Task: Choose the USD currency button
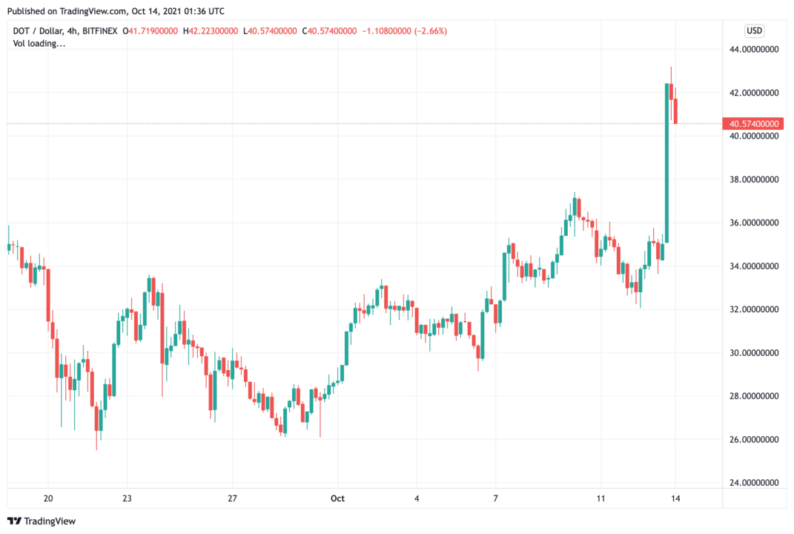click(x=754, y=31)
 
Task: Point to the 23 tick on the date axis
click(x=127, y=498)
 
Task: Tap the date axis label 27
click(x=232, y=498)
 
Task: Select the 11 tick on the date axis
click(x=601, y=498)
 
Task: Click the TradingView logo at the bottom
click(x=42, y=521)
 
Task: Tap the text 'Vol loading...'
click(x=39, y=44)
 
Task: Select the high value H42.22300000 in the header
click(x=211, y=31)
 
